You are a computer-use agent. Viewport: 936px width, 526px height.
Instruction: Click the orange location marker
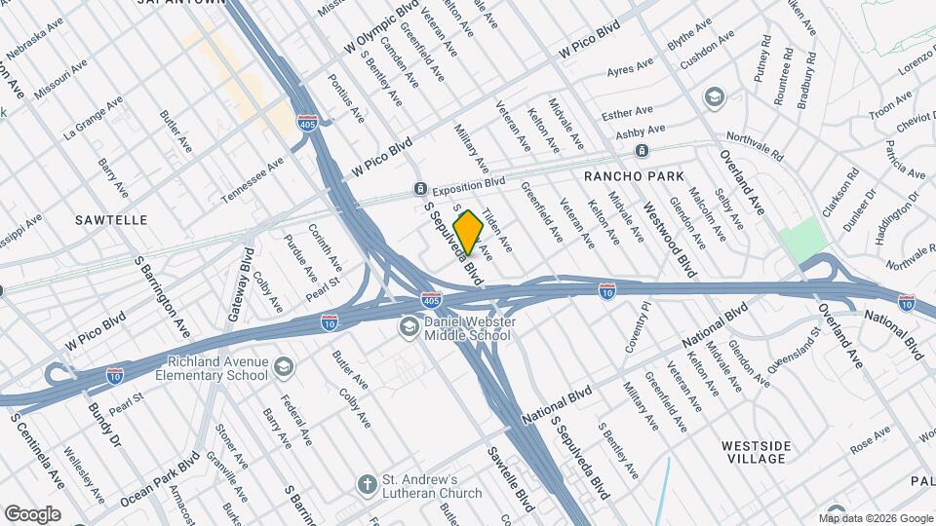(x=469, y=232)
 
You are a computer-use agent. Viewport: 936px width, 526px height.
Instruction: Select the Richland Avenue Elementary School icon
(x=284, y=367)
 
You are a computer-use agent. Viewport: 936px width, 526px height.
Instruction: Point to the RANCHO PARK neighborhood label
(x=624, y=176)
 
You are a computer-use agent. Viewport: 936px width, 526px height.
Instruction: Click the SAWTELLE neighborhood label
(x=111, y=220)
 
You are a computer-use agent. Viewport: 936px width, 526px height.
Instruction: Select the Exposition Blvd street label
(x=469, y=183)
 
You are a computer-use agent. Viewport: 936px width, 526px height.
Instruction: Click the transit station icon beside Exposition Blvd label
(x=419, y=187)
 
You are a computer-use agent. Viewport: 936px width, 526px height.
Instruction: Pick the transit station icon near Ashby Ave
(x=642, y=150)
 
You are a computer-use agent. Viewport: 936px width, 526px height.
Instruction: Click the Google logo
(x=32, y=513)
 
